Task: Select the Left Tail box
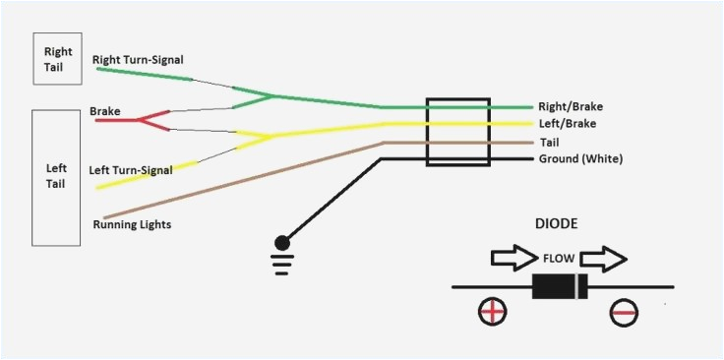coord(57,177)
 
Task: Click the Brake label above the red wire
coord(105,111)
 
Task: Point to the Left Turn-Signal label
coord(132,169)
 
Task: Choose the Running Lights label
coord(133,224)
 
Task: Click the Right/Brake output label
coord(570,106)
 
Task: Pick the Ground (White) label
coord(580,158)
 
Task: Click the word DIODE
coord(557,224)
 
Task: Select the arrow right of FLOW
coord(602,260)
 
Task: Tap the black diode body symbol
coord(560,287)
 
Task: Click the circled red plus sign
coord(492,313)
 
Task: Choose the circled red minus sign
coord(624,313)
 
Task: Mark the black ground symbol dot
coord(283,241)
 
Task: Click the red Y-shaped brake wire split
coord(148,120)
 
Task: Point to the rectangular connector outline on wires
coord(457,133)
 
